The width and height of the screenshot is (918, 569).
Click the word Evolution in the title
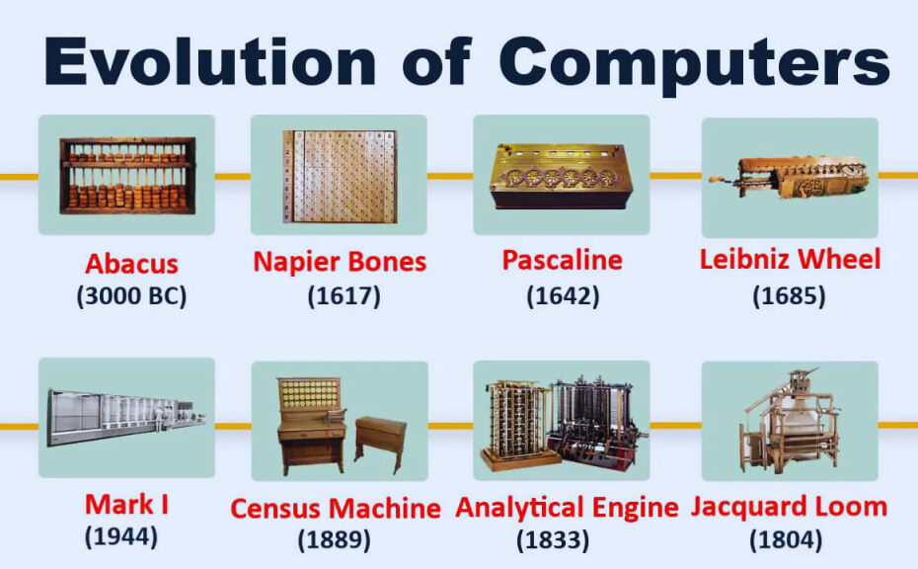click(210, 62)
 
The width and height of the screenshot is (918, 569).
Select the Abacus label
click(131, 264)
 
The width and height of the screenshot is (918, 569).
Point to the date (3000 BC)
click(131, 296)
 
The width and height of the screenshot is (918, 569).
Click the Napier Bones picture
click(339, 176)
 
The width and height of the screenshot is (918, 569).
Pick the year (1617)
click(344, 296)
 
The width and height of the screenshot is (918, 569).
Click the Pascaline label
click(562, 260)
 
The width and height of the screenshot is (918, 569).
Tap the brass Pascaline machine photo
click(562, 176)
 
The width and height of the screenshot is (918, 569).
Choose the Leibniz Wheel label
click(791, 259)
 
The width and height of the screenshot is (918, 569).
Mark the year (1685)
click(790, 296)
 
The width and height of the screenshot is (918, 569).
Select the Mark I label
click(126, 505)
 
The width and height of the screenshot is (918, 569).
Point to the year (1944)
click(121, 536)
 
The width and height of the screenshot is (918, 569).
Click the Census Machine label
click(336, 508)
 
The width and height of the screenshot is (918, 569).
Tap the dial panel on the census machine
click(309, 394)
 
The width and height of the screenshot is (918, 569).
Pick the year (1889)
click(335, 539)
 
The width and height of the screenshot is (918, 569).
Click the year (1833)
click(553, 539)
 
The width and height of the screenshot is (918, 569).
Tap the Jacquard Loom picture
click(790, 421)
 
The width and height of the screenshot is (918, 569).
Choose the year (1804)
click(786, 539)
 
